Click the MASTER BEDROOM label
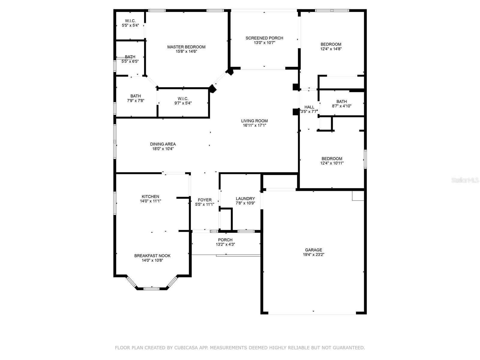click(x=186, y=47)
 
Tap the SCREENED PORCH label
click(x=264, y=38)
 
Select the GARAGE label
click(x=313, y=250)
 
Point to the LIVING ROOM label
click(x=254, y=121)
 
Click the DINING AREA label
click(x=163, y=144)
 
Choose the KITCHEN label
click(x=151, y=196)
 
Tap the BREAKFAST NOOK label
click(x=152, y=256)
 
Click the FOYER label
click(x=205, y=200)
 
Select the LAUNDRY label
click(x=245, y=199)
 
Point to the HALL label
click(x=309, y=107)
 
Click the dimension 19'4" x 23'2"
click(x=313, y=254)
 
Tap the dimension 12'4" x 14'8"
click(x=331, y=49)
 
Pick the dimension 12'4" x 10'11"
click(x=332, y=163)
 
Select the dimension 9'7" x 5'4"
click(x=183, y=103)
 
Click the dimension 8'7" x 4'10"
click(x=342, y=106)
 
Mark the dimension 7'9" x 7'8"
click(x=136, y=100)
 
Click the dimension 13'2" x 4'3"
click(x=225, y=244)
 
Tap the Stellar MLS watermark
click(x=465, y=180)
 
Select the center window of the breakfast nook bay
click(x=151, y=289)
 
